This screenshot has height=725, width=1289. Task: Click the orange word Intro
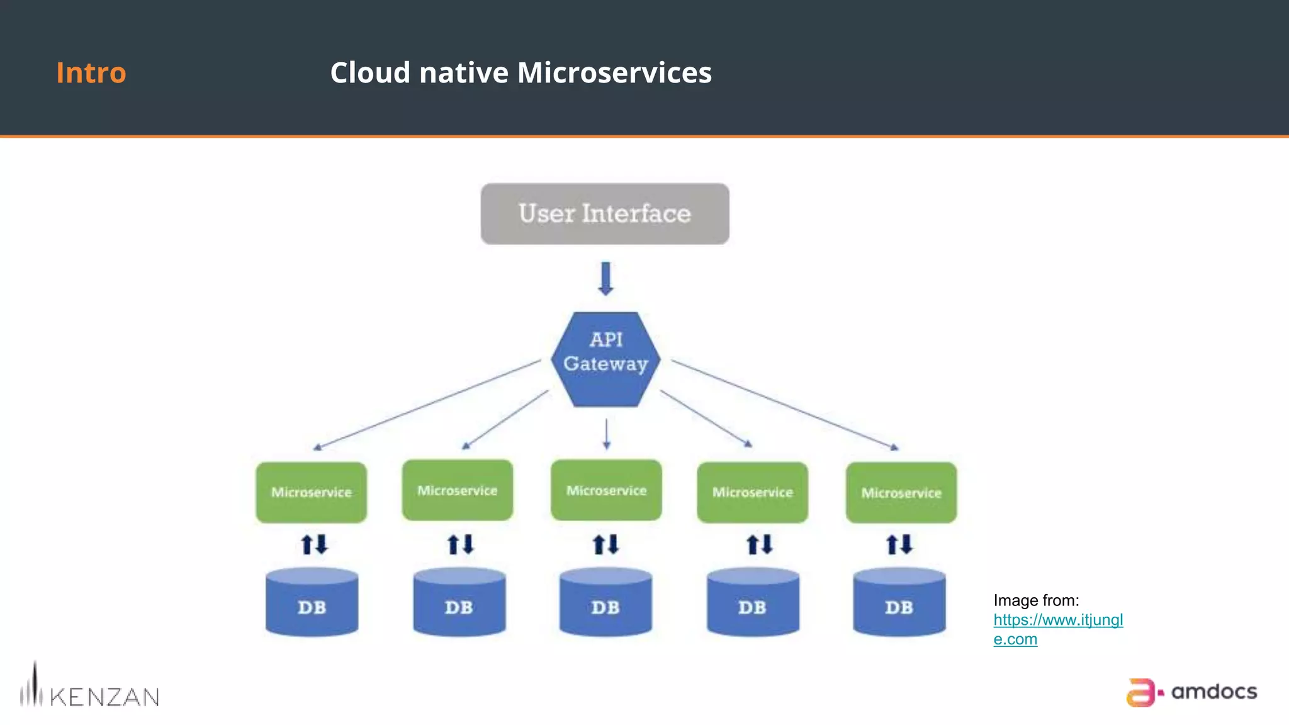click(91, 72)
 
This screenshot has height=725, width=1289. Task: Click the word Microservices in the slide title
click(614, 72)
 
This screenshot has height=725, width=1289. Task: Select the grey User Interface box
click(605, 214)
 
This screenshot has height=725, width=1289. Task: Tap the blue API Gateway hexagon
click(605, 360)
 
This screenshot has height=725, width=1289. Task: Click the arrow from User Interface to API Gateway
click(605, 279)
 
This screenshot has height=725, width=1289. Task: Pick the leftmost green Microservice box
click(312, 492)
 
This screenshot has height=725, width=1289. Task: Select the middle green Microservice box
click(606, 490)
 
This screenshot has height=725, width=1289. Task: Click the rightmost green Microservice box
click(901, 493)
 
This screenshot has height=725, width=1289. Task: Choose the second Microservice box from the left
click(458, 490)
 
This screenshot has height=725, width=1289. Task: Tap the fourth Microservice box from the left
click(753, 492)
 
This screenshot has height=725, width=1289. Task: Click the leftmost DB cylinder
click(312, 603)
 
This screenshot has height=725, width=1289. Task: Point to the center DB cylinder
click(605, 603)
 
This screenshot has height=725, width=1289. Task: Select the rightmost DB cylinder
click(899, 603)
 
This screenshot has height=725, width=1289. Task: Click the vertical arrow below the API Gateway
click(606, 434)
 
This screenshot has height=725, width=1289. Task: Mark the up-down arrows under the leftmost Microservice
click(314, 544)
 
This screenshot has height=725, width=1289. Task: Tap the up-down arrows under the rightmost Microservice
click(899, 544)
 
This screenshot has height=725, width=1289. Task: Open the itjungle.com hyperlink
click(1058, 620)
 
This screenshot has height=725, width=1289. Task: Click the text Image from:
click(1036, 600)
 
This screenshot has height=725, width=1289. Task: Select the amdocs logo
click(1191, 692)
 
